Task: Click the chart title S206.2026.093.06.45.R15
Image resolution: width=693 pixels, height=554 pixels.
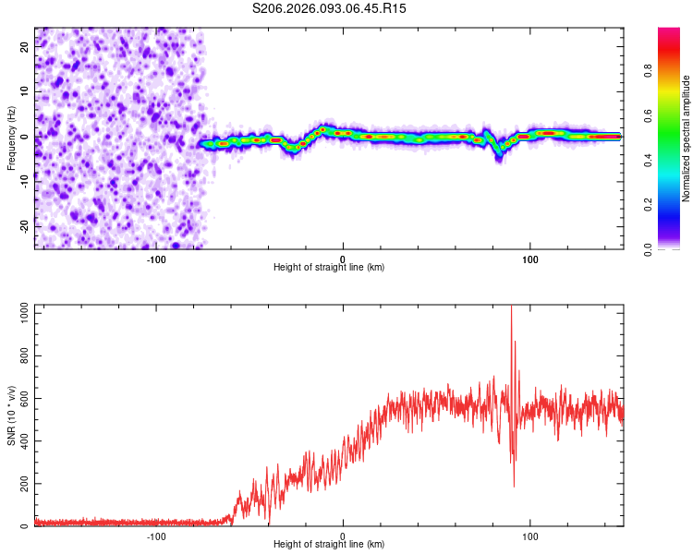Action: [x=329, y=8]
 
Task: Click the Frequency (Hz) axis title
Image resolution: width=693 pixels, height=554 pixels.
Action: [x=11, y=138]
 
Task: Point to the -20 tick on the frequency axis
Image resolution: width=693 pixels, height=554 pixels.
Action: [x=25, y=225]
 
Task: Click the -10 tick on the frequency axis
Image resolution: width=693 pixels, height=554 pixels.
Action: [x=25, y=181]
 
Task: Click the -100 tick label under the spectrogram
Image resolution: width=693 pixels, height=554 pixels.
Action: [x=155, y=259]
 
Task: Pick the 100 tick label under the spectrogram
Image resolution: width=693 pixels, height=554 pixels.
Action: [x=530, y=259]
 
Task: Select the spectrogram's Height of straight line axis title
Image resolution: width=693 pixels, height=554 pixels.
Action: [x=329, y=268]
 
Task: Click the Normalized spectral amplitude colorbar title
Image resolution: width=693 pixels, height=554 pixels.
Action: [x=687, y=138]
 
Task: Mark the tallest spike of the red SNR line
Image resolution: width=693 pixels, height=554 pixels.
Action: [x=511, y=308]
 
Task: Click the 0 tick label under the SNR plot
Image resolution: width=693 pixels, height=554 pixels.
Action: [x=343, y=536]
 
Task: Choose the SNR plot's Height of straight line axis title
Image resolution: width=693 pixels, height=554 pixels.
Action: [x=329, y=545]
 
